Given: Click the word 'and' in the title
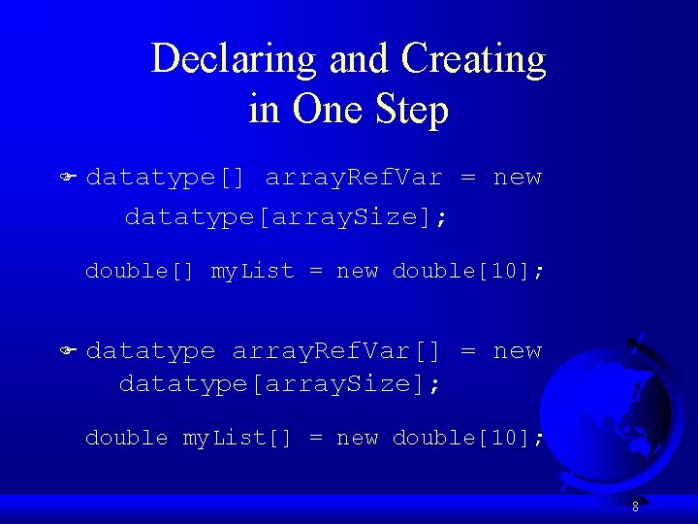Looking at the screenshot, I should (358, 59).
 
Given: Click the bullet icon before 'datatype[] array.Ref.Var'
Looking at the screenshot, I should (69, 179).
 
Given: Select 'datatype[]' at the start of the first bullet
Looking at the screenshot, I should (165, 178).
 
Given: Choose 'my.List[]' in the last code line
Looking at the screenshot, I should (238, 438).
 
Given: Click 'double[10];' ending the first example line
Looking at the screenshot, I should (468, 271).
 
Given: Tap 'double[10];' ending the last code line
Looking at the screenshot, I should (468, 438).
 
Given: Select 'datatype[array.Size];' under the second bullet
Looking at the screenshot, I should (279, 383).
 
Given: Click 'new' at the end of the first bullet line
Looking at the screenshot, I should (517, 178).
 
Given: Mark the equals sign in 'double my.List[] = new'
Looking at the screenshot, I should (316, 439).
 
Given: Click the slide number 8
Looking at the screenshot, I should (635, 507).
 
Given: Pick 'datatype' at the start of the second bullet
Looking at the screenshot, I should (150, 350).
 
